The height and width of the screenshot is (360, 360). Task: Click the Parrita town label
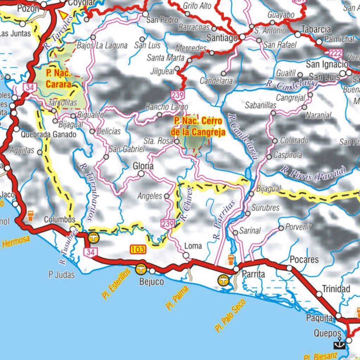tap(253, 275)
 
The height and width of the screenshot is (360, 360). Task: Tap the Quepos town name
tap(328, 333)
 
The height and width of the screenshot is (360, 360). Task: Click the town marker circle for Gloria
tap(141, 174)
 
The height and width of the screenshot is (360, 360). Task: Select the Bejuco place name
tap(152, 282)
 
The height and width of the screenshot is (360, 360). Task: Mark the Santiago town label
tap(222, 38)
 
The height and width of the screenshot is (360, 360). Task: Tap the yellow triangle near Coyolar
tap(63, 15)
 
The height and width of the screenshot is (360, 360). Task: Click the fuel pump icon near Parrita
tap(231, 260)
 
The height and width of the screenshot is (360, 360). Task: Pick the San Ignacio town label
tap(327, 64)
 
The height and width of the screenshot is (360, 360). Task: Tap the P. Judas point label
tap(62, 275)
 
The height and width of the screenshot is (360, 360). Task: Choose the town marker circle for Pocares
tap(289, 268)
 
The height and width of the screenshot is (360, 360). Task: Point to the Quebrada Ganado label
tap(48, 134)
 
